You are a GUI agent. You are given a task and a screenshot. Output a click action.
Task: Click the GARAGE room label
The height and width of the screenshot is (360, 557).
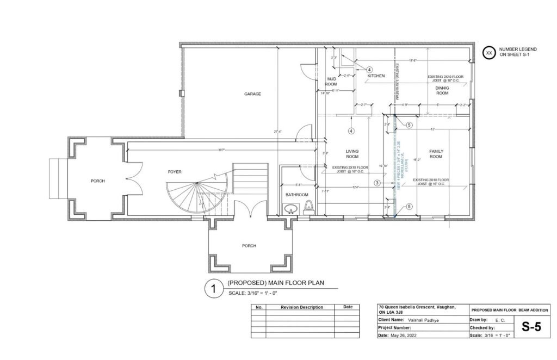coord(252,94)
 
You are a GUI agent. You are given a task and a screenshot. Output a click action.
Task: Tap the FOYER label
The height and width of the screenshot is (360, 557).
coord(174,172)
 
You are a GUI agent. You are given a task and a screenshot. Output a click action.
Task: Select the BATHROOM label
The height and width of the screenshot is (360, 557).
coord(297,195)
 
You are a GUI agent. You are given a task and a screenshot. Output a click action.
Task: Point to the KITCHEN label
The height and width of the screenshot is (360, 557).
coord(376,76)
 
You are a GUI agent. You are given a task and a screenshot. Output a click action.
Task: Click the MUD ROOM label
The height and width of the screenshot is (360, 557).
coord(331,82)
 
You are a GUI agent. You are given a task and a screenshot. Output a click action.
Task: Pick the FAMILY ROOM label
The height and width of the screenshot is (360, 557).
coord(436,154)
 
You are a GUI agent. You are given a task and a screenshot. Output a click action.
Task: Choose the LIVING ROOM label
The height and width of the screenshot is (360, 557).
coord(354,154)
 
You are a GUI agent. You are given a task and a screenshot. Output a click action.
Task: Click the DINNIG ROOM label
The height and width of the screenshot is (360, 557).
coord(442,90)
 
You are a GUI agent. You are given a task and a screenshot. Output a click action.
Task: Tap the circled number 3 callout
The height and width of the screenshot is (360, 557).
coord(377,183)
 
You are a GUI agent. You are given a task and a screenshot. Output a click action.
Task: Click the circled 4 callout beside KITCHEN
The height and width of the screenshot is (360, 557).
coord(369,70)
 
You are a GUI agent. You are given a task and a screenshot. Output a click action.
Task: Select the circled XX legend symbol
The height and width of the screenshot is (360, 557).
coord(489,53)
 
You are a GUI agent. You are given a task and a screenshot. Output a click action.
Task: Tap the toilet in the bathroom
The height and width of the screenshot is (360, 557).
coord(309,206)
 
